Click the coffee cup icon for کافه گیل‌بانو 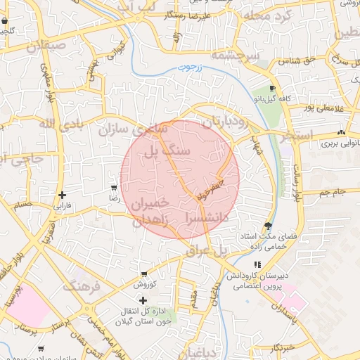pos(272,89)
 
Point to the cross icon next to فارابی pos(63,195)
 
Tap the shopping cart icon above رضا pos(113,188)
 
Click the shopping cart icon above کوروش pos(144,274)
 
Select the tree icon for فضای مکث pos(267,225)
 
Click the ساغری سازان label pos(134,129)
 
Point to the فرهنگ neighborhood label pos(82,285)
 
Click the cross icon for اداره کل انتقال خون pos(143,300)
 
